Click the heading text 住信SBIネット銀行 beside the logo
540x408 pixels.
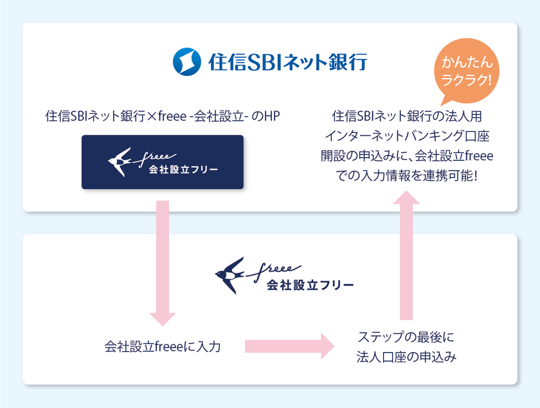click(287, 62)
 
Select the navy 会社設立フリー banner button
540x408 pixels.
click(163, 162)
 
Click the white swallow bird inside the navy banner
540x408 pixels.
click(119, 162)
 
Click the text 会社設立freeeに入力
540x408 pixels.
click(163, 347)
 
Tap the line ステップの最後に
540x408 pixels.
click(406, 337)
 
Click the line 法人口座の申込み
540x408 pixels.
click(406, 358)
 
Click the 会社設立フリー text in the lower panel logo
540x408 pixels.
click(310, 284)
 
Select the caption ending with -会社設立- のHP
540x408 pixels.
click(162, 117)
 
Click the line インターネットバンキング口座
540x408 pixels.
click(406, 136)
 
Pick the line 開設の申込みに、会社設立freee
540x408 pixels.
click(406, 156)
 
